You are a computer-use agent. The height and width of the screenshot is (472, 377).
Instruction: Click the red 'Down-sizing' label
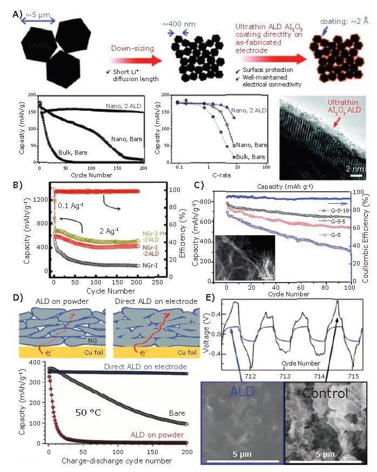(129, 48)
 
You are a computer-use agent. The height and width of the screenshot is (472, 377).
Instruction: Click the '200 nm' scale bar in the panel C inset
(265, 275)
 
